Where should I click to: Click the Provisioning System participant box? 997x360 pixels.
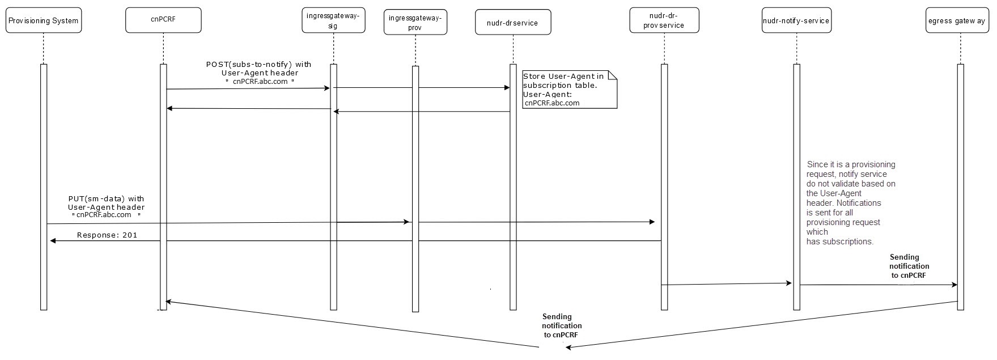click(44, 20)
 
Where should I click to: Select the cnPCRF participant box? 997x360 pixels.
click(163, 20)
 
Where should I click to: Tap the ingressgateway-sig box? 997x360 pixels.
click(333, 20)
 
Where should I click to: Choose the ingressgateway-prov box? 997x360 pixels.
click(415, 23)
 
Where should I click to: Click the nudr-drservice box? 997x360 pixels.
click(512, 23)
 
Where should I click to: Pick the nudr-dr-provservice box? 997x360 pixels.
click(664, 20)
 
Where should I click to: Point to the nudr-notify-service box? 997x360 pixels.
click(796, 21)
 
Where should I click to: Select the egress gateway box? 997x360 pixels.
click(957, 21)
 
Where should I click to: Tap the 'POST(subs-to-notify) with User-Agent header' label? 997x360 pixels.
click(258, 73)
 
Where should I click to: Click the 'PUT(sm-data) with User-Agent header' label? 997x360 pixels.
click(107, 207)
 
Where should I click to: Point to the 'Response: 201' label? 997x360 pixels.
click(107, 235)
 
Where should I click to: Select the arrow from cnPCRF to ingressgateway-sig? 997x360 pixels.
click(248, 88)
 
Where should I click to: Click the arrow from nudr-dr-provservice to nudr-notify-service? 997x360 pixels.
click(727, 283)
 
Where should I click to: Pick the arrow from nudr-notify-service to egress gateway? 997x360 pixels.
click(879, 285)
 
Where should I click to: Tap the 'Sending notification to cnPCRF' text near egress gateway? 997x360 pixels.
click(909, 266)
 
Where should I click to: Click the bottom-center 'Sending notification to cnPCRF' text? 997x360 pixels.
click(561, 325)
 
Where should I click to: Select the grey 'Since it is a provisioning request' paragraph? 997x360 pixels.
click(850, 203)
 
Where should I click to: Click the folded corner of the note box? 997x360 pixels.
click(612, 75)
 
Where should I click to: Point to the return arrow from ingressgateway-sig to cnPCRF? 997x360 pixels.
click(248, 108)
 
